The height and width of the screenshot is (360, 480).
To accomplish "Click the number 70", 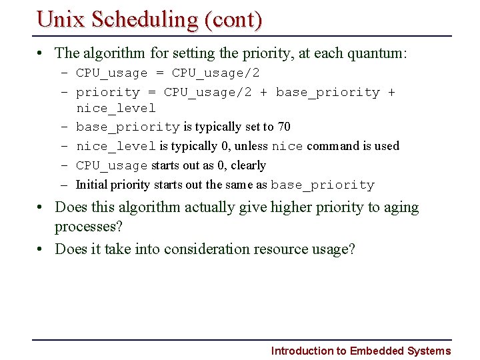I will click(283, 127).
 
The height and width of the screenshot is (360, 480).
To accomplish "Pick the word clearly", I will click(248, 165).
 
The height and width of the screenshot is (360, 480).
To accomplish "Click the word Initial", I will click(92, 185).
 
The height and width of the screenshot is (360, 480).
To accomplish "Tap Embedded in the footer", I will click(375, 351).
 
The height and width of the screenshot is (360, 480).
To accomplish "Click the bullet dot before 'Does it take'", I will click(41, 249).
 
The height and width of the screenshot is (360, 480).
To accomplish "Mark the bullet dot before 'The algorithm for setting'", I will click(41, 53).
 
